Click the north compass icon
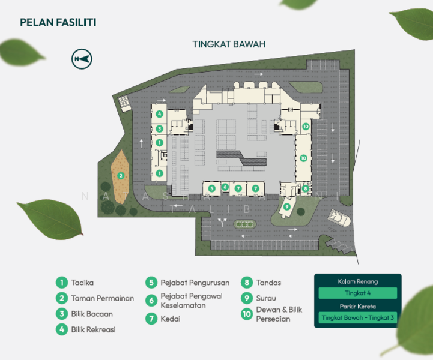[81, 58]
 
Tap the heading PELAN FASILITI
[58, 23]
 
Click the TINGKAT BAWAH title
[229, 44]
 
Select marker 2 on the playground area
[121, 176]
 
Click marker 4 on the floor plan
[159, 114]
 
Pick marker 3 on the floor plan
[159, 128]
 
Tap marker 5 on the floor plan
[211, 188]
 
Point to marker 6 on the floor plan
[225, 187]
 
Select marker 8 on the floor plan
[305, 188]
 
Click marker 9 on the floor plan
[286, 207]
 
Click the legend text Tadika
[82, 282]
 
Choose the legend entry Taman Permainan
[102, 298]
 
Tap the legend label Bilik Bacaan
[92, 313]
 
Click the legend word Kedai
[171, 319]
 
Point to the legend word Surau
[267, 298]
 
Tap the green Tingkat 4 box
[357, 293]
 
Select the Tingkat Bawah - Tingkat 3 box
[357, 317]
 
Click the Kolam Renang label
[357, 281]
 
